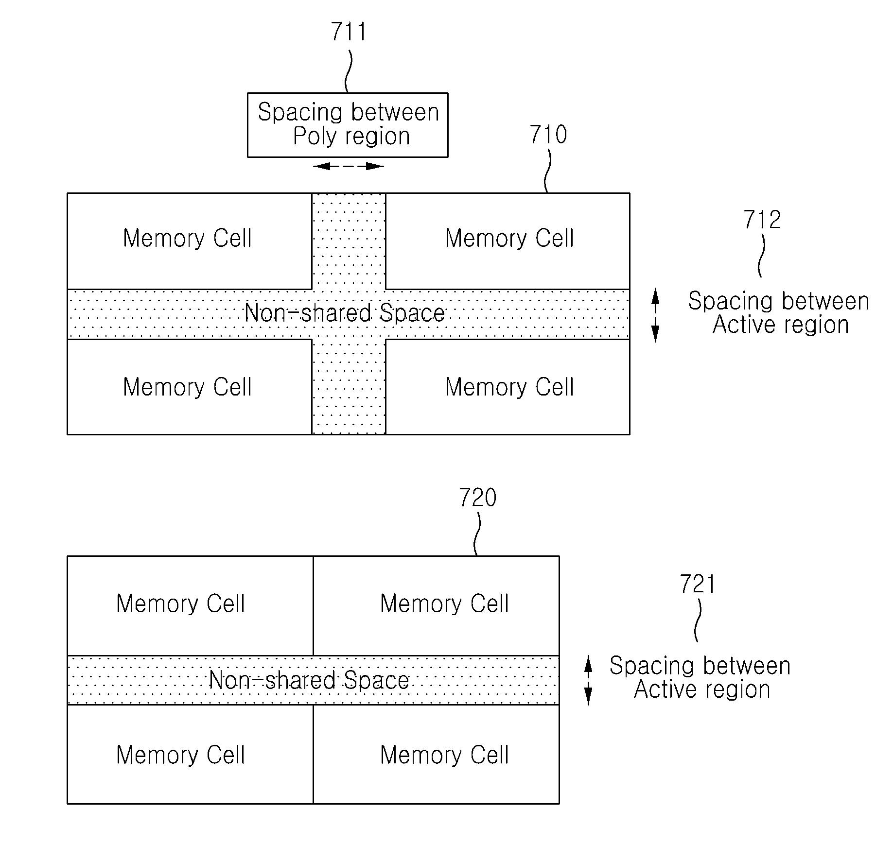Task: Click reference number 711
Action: pyautogui.click(x=349, y=32)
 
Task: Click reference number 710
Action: pyautogui.click(x=548, y=135)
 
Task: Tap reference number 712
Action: pyautogui.click(x=762, y=220)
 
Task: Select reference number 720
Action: pyautogui.click(x=478, y=498)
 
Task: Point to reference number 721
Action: pyautogui.click(x=698, y=584)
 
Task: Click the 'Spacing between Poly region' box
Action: pyautogui.click(x=348, y=125)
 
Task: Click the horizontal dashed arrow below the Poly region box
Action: pyautogui.click(x=349, y=166)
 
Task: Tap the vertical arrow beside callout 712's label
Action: pyautogui.click(x=655, y=315)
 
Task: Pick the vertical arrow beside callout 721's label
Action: pyautogui.click(x=588, y=680)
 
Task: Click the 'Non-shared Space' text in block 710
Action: pyautogui.click(x=345, y=313)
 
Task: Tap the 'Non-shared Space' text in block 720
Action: pyautogui.click(x=309, y=680)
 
